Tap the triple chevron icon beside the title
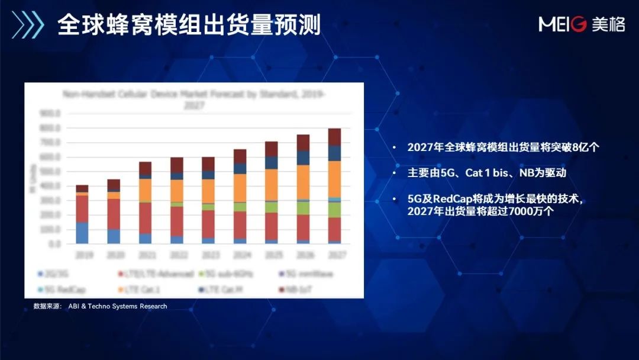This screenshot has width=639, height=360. [28, 25]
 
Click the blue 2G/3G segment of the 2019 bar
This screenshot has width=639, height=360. [82, 233]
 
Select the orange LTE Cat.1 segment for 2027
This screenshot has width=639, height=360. [334, 179]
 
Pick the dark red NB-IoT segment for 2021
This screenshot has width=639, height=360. [145, 168]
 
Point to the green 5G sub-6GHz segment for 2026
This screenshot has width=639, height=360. [303, 207]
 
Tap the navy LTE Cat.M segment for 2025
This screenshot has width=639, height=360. [272, 162]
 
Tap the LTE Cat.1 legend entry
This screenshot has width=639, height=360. [142, 289]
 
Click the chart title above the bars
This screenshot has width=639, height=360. [193, 98]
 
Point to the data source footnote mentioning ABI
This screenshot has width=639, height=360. [100, 306]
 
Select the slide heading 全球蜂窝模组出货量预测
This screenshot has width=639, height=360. [189, 25]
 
